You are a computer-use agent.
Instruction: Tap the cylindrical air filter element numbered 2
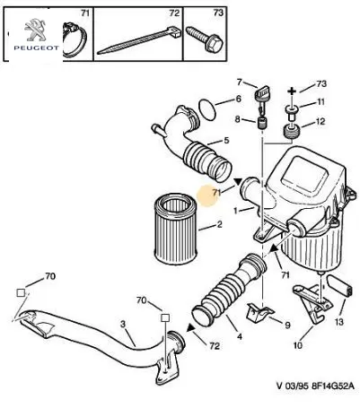(x=175, y=229)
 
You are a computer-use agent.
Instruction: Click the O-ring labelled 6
(x=207, y=109)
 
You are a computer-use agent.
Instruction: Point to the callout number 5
(x=226, y=140)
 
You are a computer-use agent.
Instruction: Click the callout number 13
(x=339, y=322)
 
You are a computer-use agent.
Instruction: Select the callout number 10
(x=298, y=345)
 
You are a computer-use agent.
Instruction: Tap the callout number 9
(x=287, y=325)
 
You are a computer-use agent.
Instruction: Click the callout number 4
(x=240, y=336)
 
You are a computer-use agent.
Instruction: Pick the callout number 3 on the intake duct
(x=123, y=324)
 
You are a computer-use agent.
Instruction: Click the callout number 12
(x=320, y=122)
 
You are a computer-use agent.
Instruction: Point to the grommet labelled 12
(x=290, y=132)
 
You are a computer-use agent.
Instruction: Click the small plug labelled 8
(x=262, y=123)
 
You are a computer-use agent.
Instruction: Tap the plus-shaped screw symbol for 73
(x=292, y=91)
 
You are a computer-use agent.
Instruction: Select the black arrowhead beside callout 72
(x=191, y=328)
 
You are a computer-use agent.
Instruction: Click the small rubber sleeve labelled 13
(x=339, y=285)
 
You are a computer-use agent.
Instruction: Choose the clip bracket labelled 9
(x=259, y=313)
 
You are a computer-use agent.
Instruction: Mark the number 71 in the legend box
(x=85, y=13)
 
